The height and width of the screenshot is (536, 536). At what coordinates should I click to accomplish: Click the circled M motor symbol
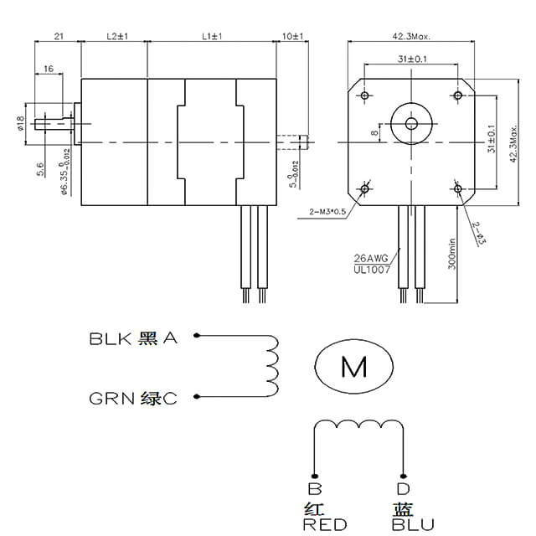point(353,366)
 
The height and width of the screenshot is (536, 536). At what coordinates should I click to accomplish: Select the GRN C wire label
point(133,399)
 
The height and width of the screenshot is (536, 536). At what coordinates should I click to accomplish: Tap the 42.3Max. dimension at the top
point(411,37)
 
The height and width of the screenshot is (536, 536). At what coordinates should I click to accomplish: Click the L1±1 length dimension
point(211,37)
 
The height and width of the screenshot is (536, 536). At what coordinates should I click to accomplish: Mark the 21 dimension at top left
point(59,37)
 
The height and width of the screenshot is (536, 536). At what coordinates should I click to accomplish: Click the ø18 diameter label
point(19,122)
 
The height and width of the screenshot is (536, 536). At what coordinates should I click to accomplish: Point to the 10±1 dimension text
point(293,37)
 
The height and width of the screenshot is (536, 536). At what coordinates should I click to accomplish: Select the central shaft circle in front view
point(411,123)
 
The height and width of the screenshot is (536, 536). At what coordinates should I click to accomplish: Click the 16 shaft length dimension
point(48,69)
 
